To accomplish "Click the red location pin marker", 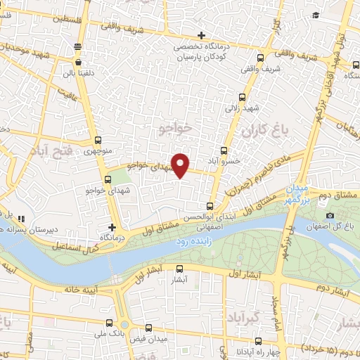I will click(x=181, y=165).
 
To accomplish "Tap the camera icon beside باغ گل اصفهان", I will click(x=330, y=215).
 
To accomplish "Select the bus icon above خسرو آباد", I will click(x=224, y=150).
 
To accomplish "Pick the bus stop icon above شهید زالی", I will click(x=242, y=98).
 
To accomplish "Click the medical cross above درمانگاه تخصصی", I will click(x=202, y=35).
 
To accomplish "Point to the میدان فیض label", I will click(x=146, y=339).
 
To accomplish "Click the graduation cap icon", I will click(x=316, y=15).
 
